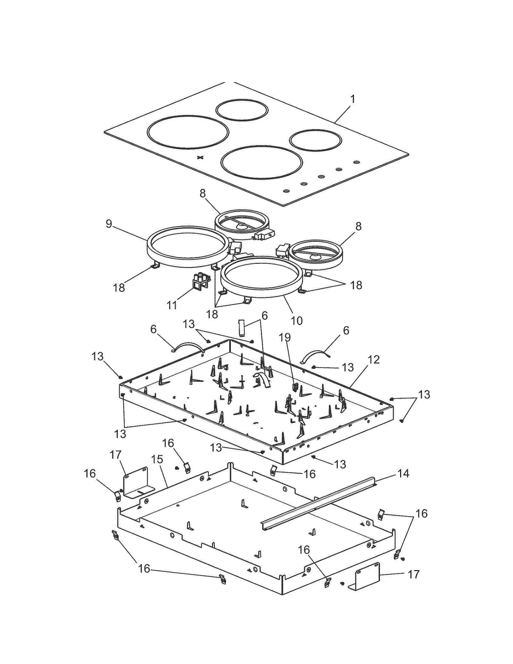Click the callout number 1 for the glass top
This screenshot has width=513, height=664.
pos(352,99)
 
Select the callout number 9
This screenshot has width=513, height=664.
pos(109,224)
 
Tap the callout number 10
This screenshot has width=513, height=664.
pos(297,320)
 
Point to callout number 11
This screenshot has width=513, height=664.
pos(172,305)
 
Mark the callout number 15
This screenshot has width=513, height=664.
pos(157,459)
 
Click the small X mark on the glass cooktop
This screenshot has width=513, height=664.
pos(200,157)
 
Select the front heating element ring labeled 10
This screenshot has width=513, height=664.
pos(262,277)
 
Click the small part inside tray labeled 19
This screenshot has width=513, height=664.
pos(295,386)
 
